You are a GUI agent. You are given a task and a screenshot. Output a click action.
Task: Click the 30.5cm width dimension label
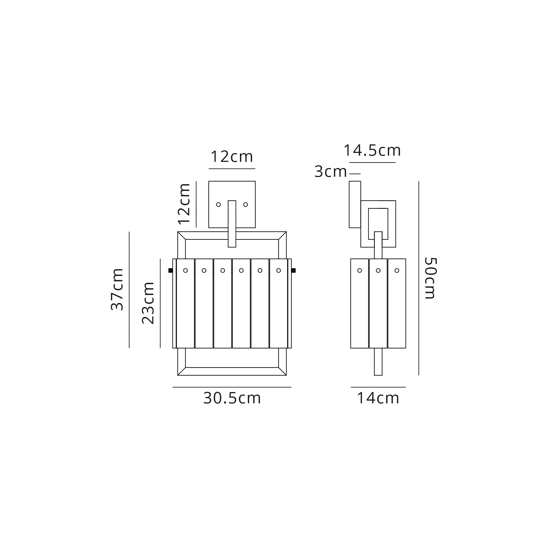(x=232, y=398)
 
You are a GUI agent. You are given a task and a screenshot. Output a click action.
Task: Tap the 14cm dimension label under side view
(x=378, y=398)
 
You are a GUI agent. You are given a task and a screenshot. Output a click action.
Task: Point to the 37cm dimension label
(x=117, y=289)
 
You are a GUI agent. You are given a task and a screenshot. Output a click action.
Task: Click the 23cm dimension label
(x=148, y=303)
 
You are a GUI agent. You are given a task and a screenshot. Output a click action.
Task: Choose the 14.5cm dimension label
(x=372, y=150)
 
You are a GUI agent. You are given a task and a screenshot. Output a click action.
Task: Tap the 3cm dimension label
(x=330, y=172)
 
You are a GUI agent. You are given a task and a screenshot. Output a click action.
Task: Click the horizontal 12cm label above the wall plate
(x=232, y=156)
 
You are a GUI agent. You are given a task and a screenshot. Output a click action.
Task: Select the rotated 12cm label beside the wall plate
(x=184, y=204)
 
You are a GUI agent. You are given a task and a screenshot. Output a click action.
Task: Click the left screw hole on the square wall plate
(x=218, y=204)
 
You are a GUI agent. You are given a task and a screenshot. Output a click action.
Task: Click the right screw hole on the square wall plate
(x=246, y=204)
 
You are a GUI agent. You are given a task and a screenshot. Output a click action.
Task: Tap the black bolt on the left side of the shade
(x=170, y=270)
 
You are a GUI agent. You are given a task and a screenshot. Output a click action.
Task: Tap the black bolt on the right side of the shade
(x=293, y=270)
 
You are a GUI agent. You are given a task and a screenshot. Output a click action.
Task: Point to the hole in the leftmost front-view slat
(x=185, y=271)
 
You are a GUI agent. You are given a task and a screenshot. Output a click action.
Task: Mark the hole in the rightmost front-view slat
(x=279, y=271)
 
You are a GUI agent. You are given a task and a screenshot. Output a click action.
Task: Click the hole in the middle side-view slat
(x=378, y=271)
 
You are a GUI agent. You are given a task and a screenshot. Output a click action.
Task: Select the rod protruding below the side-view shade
(x=378, y=362)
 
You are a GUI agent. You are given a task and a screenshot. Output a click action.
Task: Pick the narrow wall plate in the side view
(x=355, y=204)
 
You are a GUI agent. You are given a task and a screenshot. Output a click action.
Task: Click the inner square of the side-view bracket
(x=378, y=220)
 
